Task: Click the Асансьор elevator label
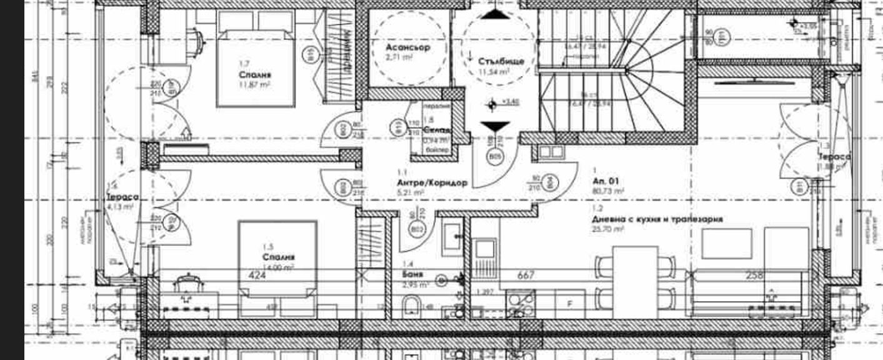(x=408, y=47)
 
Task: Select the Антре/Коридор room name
(x=423, y=183)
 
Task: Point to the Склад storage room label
(x=434, y=130)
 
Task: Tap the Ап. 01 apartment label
(x=606, y=181)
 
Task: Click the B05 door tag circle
(x=495, y=156)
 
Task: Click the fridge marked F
(x=569, y=304)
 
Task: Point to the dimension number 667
(x=526, y=274)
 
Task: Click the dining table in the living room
(x=635, y=281)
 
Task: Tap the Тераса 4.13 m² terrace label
(x=122, y=201)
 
